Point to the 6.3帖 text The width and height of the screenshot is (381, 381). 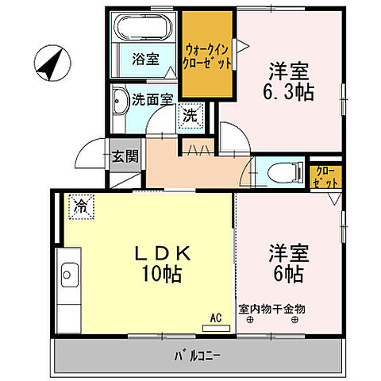click(288, 92)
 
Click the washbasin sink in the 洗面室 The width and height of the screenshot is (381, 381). click(120, 102)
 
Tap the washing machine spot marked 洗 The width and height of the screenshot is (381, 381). click(190, 114)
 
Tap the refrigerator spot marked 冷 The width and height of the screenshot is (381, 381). click(81, 206)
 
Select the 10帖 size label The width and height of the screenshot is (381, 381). click(162, 275)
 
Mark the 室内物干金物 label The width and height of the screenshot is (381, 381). click(271, 309)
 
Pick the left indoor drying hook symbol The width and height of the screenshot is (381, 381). click(249, 321)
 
